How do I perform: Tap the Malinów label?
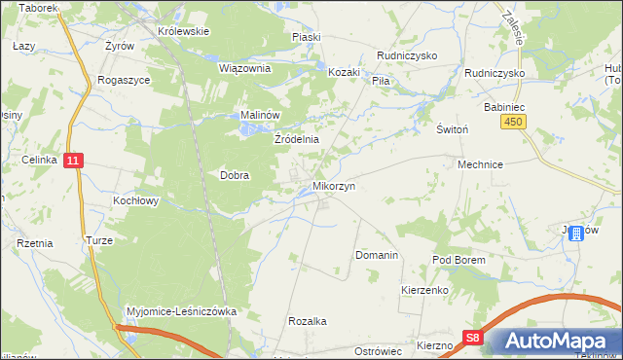point(261,115)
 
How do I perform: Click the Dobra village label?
point(235,176)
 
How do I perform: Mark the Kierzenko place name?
point(423,290)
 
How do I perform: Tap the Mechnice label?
point(480,165)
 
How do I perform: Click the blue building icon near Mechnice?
point(578,233)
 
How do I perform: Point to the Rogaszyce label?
point(124,81)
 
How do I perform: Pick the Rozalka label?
point(307,320)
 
